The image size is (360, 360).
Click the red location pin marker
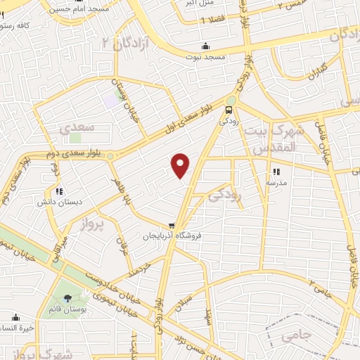pos(181,165)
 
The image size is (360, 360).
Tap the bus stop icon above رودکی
pos(229,110)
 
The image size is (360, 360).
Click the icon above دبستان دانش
pos(59,191)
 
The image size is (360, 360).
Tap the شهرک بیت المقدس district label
pos(275,139)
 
